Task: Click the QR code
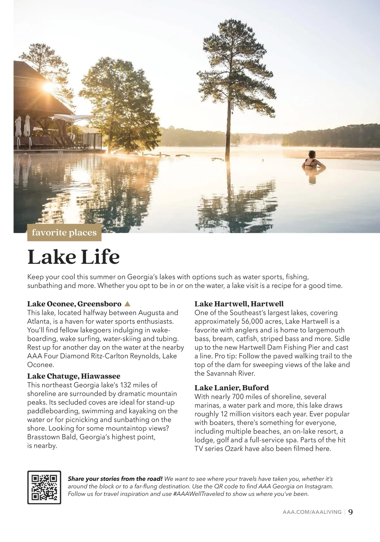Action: (x=44, y=487)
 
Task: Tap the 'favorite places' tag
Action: (x=64, y=233)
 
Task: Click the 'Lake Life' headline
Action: (x=73, y=257)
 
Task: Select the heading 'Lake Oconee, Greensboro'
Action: (x=74, y=304)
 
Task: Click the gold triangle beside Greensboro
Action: (x=127, y=304)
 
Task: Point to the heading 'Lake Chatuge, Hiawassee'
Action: (x=73, y=376)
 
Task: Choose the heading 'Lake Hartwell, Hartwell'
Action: (x=239, y=304)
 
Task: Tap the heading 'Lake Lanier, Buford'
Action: (x=231, y=388)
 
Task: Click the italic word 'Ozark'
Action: (x=234, y=449)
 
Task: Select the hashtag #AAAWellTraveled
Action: (x=198, y=494)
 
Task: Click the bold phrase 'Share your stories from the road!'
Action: (x=115, y=479)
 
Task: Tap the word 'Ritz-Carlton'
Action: (x=101, y=356)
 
